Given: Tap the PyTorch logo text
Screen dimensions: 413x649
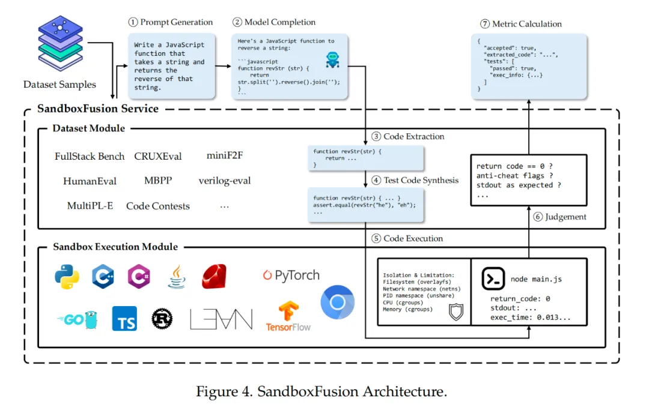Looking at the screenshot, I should point(291,276).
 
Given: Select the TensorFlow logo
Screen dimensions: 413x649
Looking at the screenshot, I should point(288,316).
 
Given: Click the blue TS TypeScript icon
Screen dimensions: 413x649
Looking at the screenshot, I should point(124,319).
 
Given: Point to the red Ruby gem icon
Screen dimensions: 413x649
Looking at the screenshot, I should point(213,277).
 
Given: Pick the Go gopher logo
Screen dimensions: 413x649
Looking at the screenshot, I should point(77,319).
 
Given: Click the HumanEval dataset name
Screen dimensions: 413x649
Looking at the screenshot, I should point(90,181).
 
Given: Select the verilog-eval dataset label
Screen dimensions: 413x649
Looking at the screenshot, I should point(225,181).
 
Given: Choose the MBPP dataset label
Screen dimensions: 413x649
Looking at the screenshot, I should point(158,181).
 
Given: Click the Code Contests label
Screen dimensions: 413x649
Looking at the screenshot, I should point(158,206).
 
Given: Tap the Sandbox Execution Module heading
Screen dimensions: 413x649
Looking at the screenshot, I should point(115,247).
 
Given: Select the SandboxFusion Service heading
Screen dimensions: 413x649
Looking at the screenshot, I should point(98,109).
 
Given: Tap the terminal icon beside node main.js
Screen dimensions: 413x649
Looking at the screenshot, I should point(493,279).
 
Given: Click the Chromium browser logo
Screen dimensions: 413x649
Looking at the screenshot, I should point(337,303).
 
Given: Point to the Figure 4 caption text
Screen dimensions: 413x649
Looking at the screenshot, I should point(321,392).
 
